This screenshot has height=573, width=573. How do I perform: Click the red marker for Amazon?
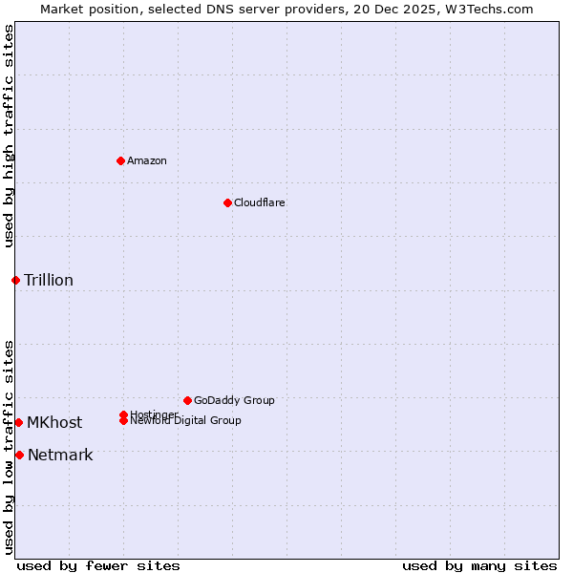[120, 160]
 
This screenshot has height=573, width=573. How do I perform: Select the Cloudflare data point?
[227, 202]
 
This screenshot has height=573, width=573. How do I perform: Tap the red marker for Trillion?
[15, 280]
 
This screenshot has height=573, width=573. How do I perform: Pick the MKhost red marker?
[18, 422]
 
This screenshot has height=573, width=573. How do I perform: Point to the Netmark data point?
[19, 455]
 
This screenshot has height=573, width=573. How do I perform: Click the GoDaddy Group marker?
[187, 400]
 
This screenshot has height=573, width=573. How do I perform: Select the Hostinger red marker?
[123, 414]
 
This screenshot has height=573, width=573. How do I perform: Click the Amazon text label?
[147, 160]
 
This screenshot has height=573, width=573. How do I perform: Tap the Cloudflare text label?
[259, 202]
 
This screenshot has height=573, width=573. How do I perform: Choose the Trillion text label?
[49, 280]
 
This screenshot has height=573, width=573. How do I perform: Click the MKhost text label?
[54, 422]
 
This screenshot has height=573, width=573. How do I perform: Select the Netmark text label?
[60, 455]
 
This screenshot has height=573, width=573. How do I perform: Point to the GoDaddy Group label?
[234, 400]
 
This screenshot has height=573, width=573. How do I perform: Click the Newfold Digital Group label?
[186, 421]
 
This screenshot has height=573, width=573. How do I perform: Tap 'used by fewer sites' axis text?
[98, 565]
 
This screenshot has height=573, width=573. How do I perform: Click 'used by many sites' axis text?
[479, 565]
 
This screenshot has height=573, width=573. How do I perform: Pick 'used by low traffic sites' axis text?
[9, 447]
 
